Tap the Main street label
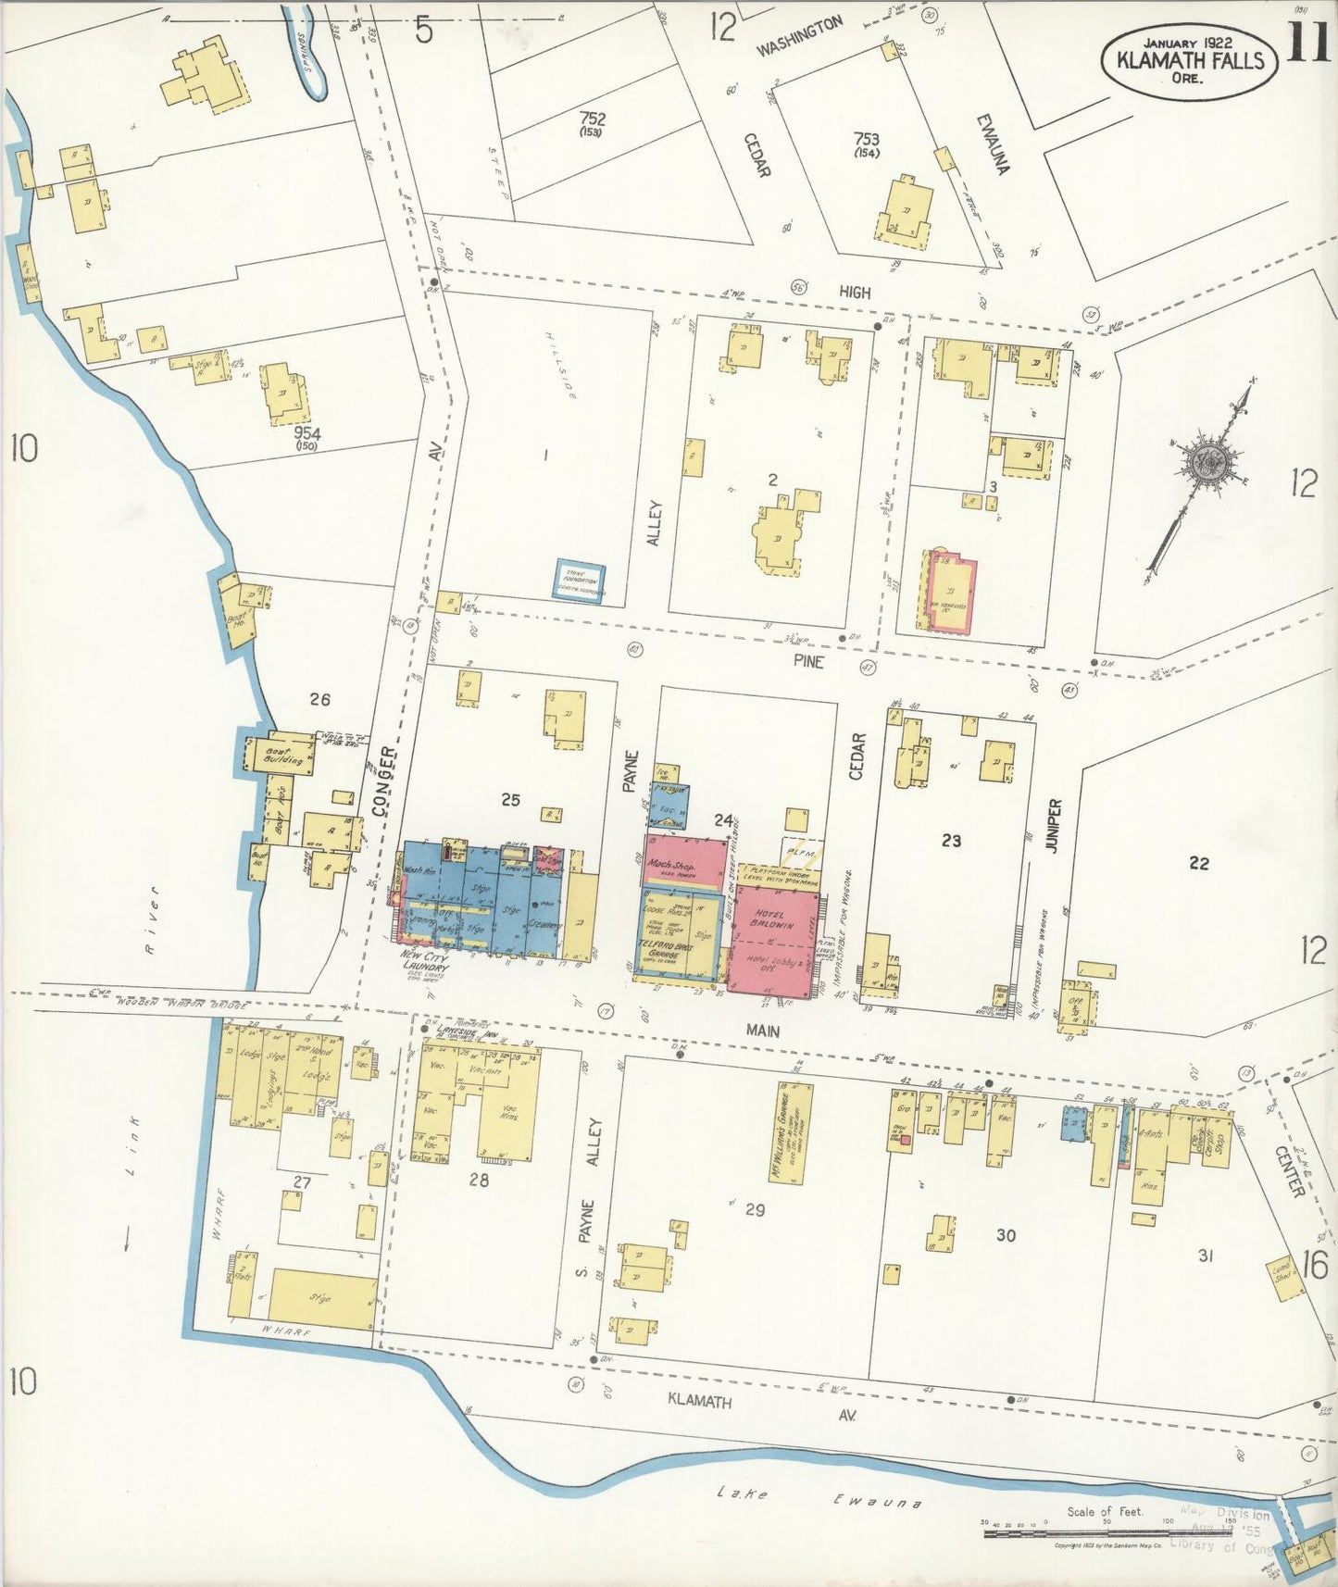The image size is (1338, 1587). point(762,1031)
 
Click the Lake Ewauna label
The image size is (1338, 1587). point(820,1495)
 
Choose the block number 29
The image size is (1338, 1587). point(755,1209)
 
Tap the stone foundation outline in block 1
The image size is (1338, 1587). point(581,581)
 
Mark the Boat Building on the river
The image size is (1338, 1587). point(281,755)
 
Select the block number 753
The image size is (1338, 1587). point(867,139)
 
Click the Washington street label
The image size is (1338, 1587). point(800,36)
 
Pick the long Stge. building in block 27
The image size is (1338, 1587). point(323,1298)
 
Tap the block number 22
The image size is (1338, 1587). point(1198,863)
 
